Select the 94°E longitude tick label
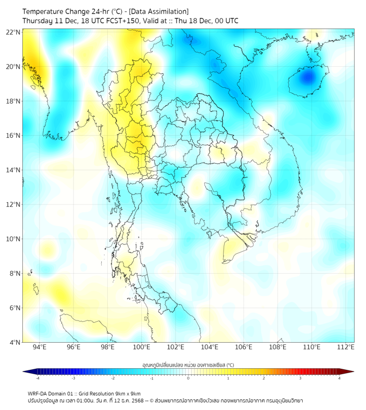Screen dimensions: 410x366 pos(40,347)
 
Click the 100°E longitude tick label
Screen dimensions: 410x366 pos(141,347)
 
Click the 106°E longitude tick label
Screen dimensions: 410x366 pos(244,347)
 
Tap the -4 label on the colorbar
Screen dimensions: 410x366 pos(37,378)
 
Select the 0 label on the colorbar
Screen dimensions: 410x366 pos(188,378)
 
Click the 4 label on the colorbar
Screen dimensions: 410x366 pos(339,378)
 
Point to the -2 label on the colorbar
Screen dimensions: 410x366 pos(113,378)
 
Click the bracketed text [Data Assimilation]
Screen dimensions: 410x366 pos(160,11)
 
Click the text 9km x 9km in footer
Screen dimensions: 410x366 pos(127,393)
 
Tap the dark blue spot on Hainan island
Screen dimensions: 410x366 pos(308,76)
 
